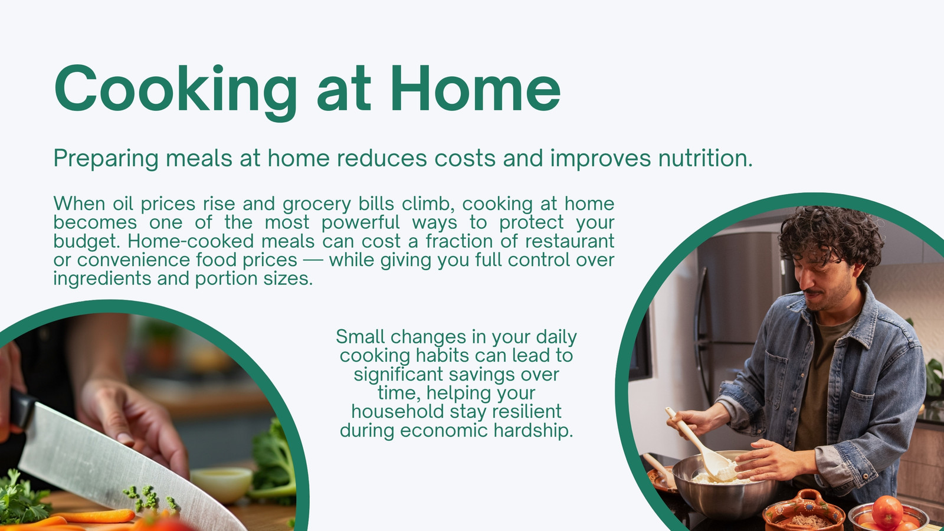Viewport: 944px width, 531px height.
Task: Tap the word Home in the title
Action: pos(476,88)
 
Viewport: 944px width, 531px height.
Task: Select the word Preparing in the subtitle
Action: pos(106,159)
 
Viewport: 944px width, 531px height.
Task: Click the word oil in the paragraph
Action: pos(123,204)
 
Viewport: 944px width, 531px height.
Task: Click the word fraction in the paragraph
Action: pos(459,241)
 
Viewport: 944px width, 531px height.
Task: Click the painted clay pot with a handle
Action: pos(803,512)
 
